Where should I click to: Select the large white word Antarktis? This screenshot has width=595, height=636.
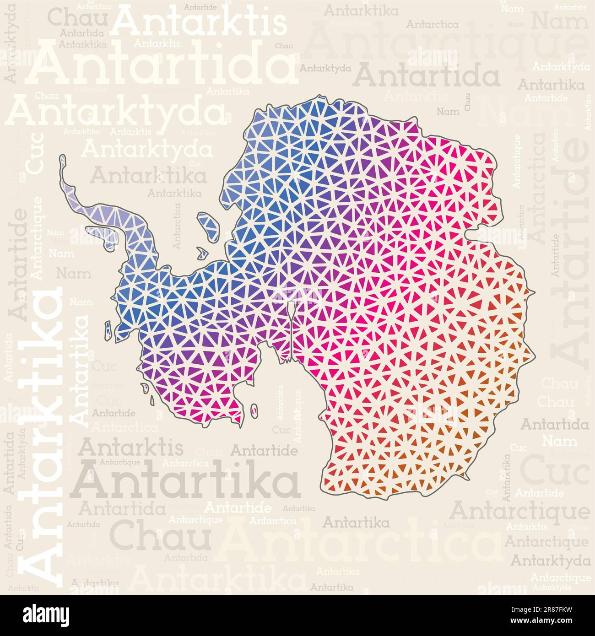[200, 23]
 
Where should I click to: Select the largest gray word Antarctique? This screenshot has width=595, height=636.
[520, 511]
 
